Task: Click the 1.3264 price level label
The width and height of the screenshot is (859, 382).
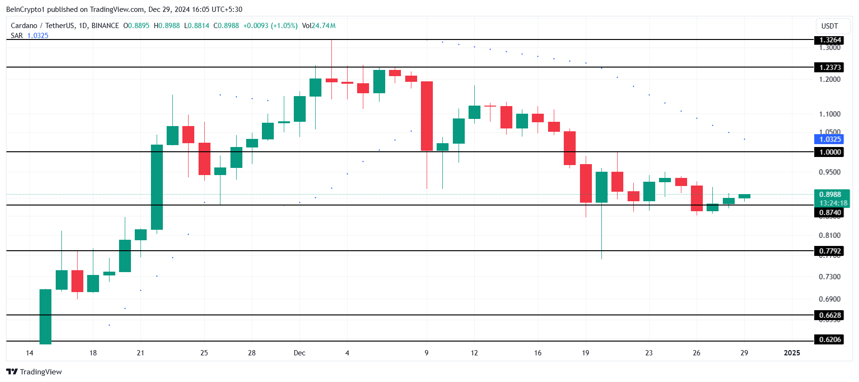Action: (x=829, y=40)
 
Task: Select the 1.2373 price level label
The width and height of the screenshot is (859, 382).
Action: (x=829, y=68)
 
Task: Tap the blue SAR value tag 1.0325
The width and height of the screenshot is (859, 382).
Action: (x=829, y=139)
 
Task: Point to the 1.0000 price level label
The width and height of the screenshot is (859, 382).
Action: (x=829, y=152)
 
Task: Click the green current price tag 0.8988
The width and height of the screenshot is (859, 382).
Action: (x=829, y=195)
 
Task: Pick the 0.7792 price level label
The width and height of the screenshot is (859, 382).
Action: (x=829, y=251)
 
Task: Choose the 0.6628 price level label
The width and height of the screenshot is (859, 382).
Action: (x=829, y=315)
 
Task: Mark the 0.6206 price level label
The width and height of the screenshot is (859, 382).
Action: (x=829, y=340)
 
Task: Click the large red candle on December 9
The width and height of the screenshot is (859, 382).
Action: (x=427, y=116)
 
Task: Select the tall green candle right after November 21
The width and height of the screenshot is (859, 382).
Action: (x=157, y=187)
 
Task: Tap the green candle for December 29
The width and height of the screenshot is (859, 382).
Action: (x=744, y=196)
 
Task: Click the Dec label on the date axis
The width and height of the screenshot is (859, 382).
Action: (x=300, y=353)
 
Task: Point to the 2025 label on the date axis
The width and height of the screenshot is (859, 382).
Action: (x=792, y=353)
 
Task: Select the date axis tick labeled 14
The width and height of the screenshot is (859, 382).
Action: (x=30, y=353)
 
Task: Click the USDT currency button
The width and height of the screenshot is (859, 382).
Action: (x=829, y=26)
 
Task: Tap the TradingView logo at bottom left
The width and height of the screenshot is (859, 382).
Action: (x=34, y=372)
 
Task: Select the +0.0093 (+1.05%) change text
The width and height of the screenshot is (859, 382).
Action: (x=270, y=26)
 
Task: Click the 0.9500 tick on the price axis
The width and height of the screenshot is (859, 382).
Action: (x=829, y=172)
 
